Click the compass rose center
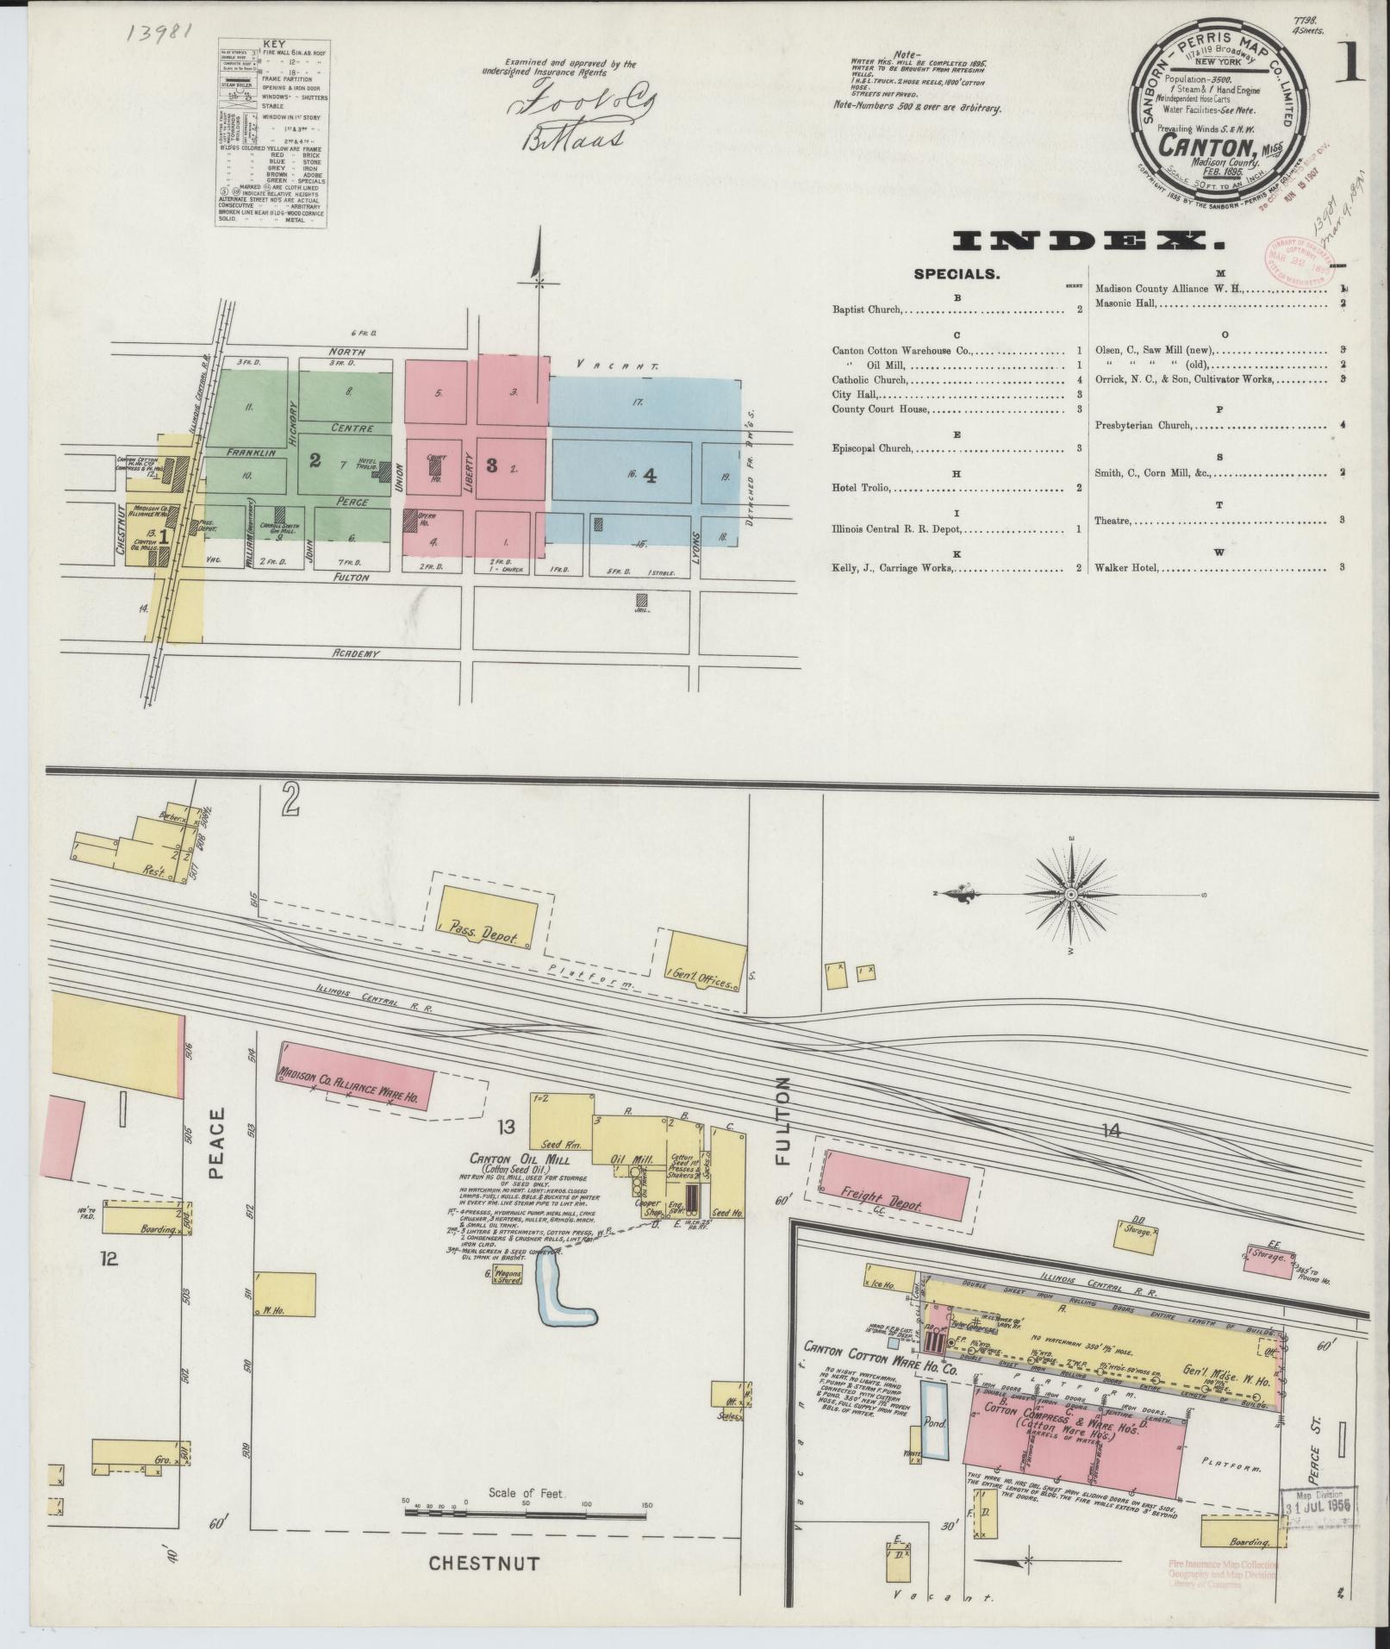coord(1070,895)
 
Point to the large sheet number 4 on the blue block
coord(651,475)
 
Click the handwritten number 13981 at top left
coord(159,31)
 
